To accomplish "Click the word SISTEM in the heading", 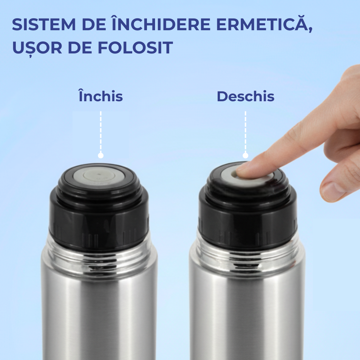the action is pyautogui.click(x=44, y=25).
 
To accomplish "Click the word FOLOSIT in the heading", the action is pyautogui.click(x=135, y=48).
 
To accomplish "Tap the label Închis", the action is pyautogui.click(x=101, y=96).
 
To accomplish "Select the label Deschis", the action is pyautogui.click(x=245, y=96).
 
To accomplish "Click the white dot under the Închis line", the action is pyautogui.click(x=101, y=156).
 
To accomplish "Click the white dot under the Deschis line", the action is pyautogui.click(x=245, y=156).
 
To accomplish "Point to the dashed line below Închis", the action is pyautogui.click(x=101, y=132).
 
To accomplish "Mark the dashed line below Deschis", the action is pyautogui.click(x=245, y=132).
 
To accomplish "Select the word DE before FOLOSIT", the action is pyautogui.click(x=80, y=48).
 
